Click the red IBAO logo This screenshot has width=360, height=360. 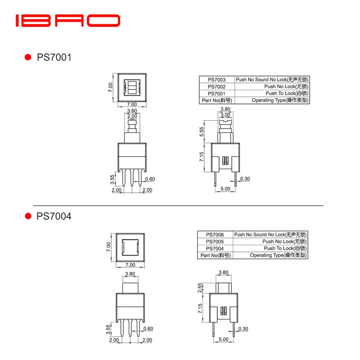[68, 21]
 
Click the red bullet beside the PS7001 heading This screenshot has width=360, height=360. [28, 58]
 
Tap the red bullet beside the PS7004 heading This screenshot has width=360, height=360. [28, 216]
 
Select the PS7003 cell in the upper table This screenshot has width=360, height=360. [216, 80]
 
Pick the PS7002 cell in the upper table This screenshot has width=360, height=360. [216, 86]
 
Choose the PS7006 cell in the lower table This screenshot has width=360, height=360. [215, 234]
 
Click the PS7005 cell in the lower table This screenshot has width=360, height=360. [215, 241]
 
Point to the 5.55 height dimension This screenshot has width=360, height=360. [202, 131]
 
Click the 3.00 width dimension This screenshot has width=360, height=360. [226, 115]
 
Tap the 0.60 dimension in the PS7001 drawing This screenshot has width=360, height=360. [150, 179]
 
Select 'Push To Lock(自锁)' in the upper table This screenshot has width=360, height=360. [286, 93]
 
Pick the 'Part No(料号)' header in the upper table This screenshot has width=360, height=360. [216, 100]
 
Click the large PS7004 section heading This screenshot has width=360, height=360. [54, 216]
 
